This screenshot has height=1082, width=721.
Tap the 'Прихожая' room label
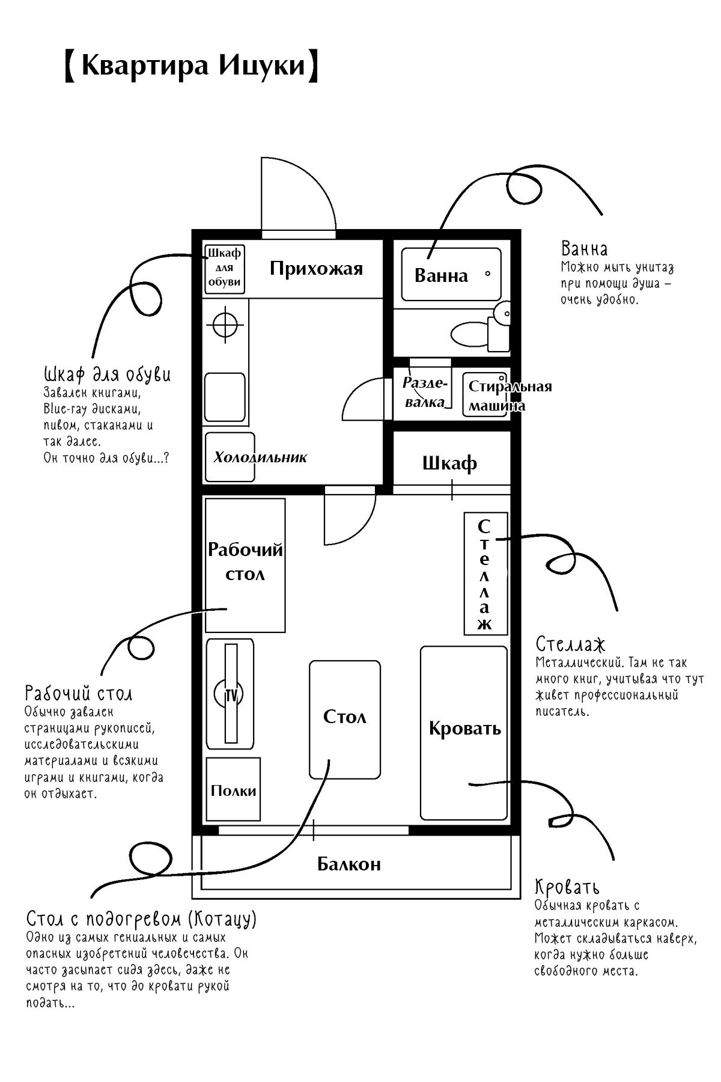(x=316, y=268)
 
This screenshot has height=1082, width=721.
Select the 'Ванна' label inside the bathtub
(x=441, y=275)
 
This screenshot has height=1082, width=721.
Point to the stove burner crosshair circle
(x=226, y=325)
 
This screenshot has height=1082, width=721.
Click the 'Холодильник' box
(x=230, y=457)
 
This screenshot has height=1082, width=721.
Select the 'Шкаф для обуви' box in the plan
(x=225, y=269)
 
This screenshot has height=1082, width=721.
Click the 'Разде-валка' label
(x=425, y=393)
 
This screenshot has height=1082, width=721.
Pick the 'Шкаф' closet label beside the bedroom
(x=450, y=463)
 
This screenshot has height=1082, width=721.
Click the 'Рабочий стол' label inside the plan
(x=245, y=561)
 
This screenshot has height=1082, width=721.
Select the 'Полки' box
(x=233, y=789)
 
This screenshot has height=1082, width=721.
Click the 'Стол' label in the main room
(x=344, y=717)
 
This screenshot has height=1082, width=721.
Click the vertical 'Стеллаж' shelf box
(x=485, y=573)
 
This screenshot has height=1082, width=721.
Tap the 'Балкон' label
(x=348, y=864)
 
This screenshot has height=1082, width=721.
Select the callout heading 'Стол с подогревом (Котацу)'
(x=142, y=918)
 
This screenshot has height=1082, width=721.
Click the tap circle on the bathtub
(x=487, y=274)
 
